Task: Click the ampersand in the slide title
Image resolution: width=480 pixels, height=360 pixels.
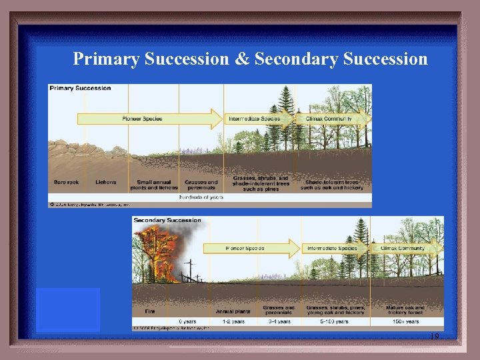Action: point(241,59)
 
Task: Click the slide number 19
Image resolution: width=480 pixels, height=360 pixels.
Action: point(434,337)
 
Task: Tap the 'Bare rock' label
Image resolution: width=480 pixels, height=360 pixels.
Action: point(67,182)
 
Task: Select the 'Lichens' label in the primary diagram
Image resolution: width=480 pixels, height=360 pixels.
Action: point(105,182)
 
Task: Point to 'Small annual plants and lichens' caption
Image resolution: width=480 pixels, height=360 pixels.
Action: point(153,185)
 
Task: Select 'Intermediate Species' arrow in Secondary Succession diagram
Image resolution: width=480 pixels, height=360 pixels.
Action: point(333,249)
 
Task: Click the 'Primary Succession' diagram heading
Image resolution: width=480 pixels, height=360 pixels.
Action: point(81,88)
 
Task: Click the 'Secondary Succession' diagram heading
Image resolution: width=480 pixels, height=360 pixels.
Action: point(167,220)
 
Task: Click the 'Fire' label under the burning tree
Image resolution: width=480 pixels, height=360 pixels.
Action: point(151,311)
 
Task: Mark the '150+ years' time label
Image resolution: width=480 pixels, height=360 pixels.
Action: point(404,321)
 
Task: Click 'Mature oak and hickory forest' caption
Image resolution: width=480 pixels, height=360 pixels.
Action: point(405,311)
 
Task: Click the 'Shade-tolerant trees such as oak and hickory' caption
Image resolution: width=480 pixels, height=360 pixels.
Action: point(332,185)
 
